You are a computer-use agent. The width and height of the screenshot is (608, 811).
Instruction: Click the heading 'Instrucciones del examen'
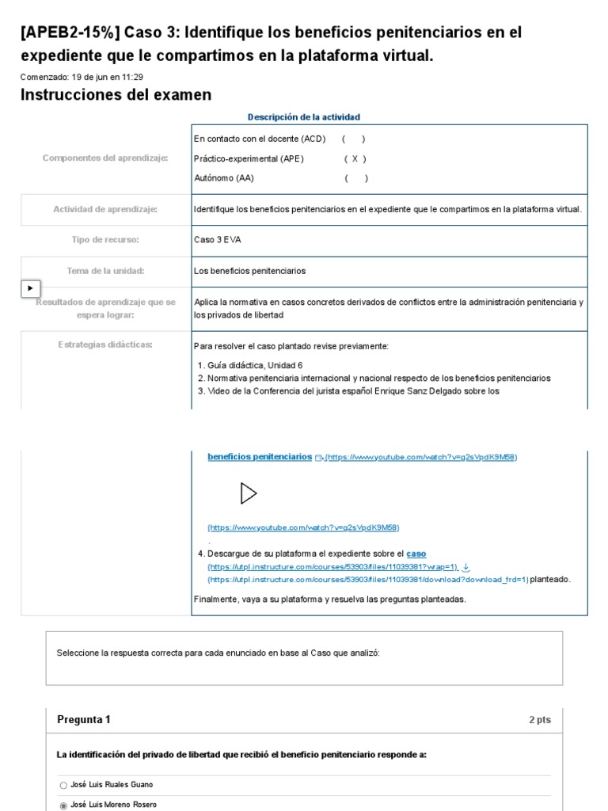point(116,95)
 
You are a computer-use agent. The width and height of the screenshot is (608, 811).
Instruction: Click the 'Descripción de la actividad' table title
point(303,117)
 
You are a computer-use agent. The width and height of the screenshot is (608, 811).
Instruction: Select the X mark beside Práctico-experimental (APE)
point(355,158)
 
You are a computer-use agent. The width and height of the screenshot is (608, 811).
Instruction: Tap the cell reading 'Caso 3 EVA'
point(217,240)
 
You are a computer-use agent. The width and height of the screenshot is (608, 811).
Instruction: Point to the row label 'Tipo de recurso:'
point(105,240)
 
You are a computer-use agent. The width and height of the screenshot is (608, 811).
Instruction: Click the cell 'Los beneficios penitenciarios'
point(249,271)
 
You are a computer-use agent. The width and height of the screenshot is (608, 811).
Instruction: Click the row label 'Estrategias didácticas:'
point(105,345)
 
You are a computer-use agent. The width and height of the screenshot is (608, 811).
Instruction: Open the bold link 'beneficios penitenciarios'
point(260,457)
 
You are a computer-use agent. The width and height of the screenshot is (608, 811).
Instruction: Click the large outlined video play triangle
point(249,493)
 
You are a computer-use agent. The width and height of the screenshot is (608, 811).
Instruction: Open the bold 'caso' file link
point(416,554)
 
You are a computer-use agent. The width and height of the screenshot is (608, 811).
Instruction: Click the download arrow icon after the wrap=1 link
point(465,567)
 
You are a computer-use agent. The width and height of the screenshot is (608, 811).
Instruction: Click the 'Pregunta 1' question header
point(84,720)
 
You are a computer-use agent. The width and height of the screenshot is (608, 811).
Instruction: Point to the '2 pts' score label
point(540,720)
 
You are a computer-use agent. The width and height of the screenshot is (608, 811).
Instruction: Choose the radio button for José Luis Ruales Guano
point(63,785)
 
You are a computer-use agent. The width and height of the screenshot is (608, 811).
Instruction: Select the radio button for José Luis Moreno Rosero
point(63,805)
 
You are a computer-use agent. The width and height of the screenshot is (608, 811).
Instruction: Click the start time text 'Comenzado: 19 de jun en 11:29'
point(82,77)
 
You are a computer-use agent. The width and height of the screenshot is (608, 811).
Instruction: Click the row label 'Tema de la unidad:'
point(105,271)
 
